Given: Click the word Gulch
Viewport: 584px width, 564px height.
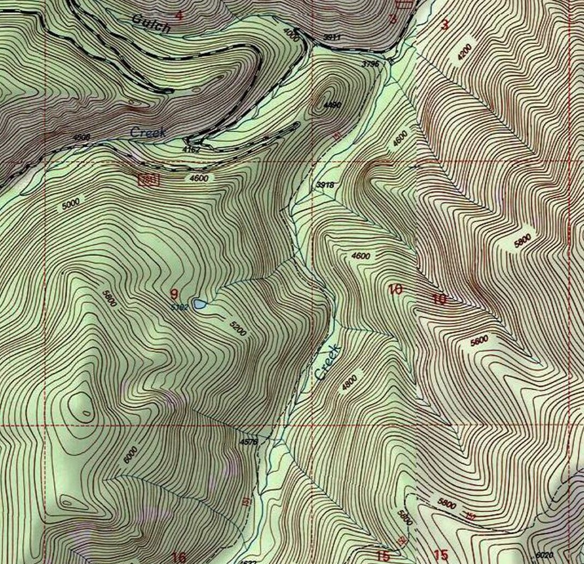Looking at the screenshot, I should (151, 23).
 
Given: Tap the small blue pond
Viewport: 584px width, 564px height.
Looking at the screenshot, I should (200, 304).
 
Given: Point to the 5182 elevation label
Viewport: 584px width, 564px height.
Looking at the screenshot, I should (180, 307).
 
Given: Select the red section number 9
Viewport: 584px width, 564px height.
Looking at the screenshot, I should (174, 293).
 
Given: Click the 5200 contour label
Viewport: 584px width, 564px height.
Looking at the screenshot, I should (238, 329).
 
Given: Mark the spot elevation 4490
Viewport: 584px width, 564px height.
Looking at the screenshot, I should (332, 105).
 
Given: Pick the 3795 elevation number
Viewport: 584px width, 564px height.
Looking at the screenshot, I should (370, 64).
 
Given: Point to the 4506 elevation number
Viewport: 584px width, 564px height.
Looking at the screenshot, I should (81, 137).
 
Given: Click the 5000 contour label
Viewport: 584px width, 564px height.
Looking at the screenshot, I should (70, 203).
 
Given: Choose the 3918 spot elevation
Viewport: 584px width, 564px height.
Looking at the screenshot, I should (325, 184).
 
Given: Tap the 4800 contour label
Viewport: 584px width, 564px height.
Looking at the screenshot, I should (350, 383).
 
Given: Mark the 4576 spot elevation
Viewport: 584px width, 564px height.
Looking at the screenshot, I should (248, 441).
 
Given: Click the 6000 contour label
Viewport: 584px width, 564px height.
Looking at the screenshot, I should (130, 455).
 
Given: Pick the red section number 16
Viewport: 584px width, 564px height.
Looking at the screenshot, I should (179, 557).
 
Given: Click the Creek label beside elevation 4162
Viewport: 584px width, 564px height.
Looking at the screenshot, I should (148, 132).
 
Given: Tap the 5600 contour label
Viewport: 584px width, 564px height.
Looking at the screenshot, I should (479, 341).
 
